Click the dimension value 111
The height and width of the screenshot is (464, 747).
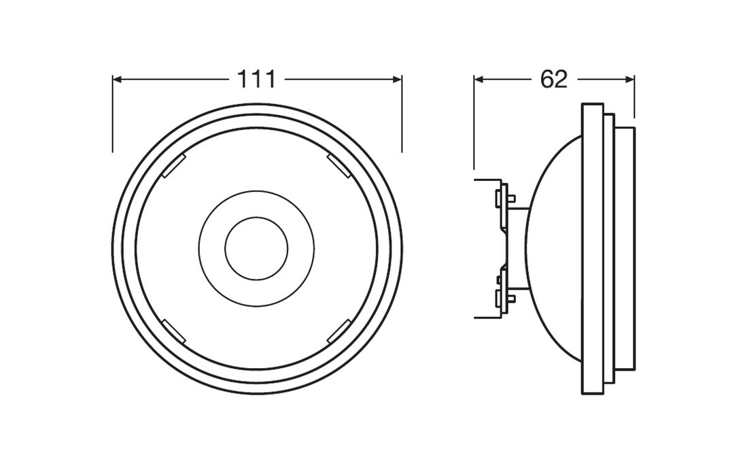coord(256,80)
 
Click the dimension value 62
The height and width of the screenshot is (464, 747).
coord(553,80)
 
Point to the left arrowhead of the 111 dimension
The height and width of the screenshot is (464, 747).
coord(118,80)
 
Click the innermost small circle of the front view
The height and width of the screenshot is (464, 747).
coord(256,249)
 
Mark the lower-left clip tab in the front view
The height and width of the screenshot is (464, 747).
coord(175,331)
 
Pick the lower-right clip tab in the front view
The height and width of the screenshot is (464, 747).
coord(338,331)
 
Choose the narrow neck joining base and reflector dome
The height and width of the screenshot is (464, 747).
coord(518,248)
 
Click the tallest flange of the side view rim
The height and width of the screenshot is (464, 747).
coord(593,248)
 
